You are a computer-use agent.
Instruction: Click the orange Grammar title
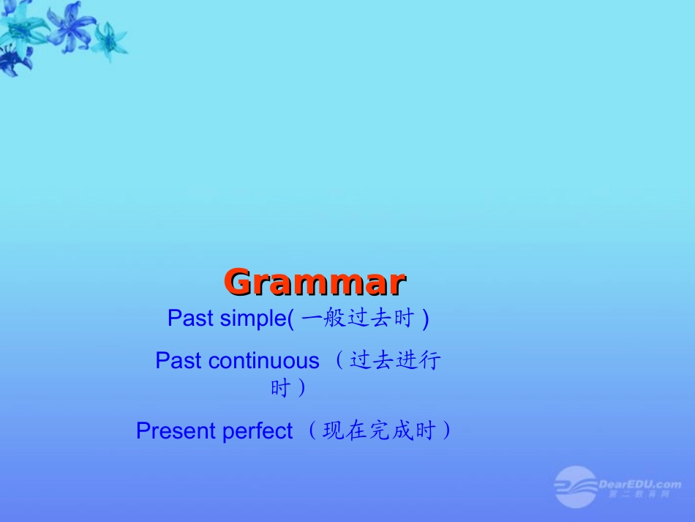(x=315, y=282)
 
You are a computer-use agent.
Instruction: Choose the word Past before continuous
(x=179, y=361)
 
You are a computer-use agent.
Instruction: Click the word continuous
(x=264, y=361)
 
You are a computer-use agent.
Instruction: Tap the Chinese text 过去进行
(x=395, y=361)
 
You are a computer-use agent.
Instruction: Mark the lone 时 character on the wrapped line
(x=280, y=388)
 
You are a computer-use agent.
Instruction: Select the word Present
(x=176, y=431)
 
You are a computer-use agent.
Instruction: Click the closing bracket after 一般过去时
(x=426, y=318)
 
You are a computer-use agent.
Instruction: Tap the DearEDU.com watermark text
(x=639, y=484)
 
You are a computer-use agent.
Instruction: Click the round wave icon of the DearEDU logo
(x=575, y=487)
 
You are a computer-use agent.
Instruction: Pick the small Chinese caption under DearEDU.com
(x=638, y=495)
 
